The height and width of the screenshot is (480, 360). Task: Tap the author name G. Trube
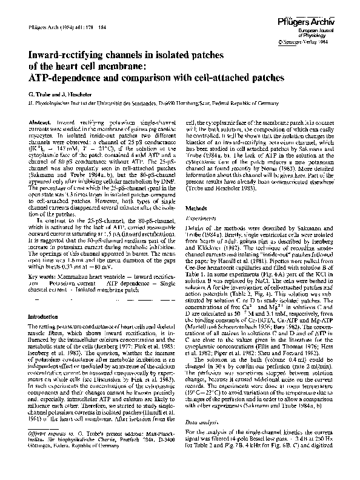(x=38, y=95)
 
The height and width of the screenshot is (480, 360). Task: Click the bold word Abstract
(x=39, y=122)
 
